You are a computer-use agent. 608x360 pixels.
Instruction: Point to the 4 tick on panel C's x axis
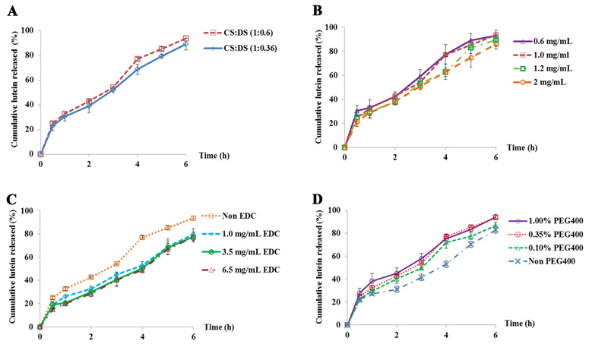pos(141,337)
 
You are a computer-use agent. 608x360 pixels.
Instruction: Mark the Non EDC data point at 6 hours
pos(193,218)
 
